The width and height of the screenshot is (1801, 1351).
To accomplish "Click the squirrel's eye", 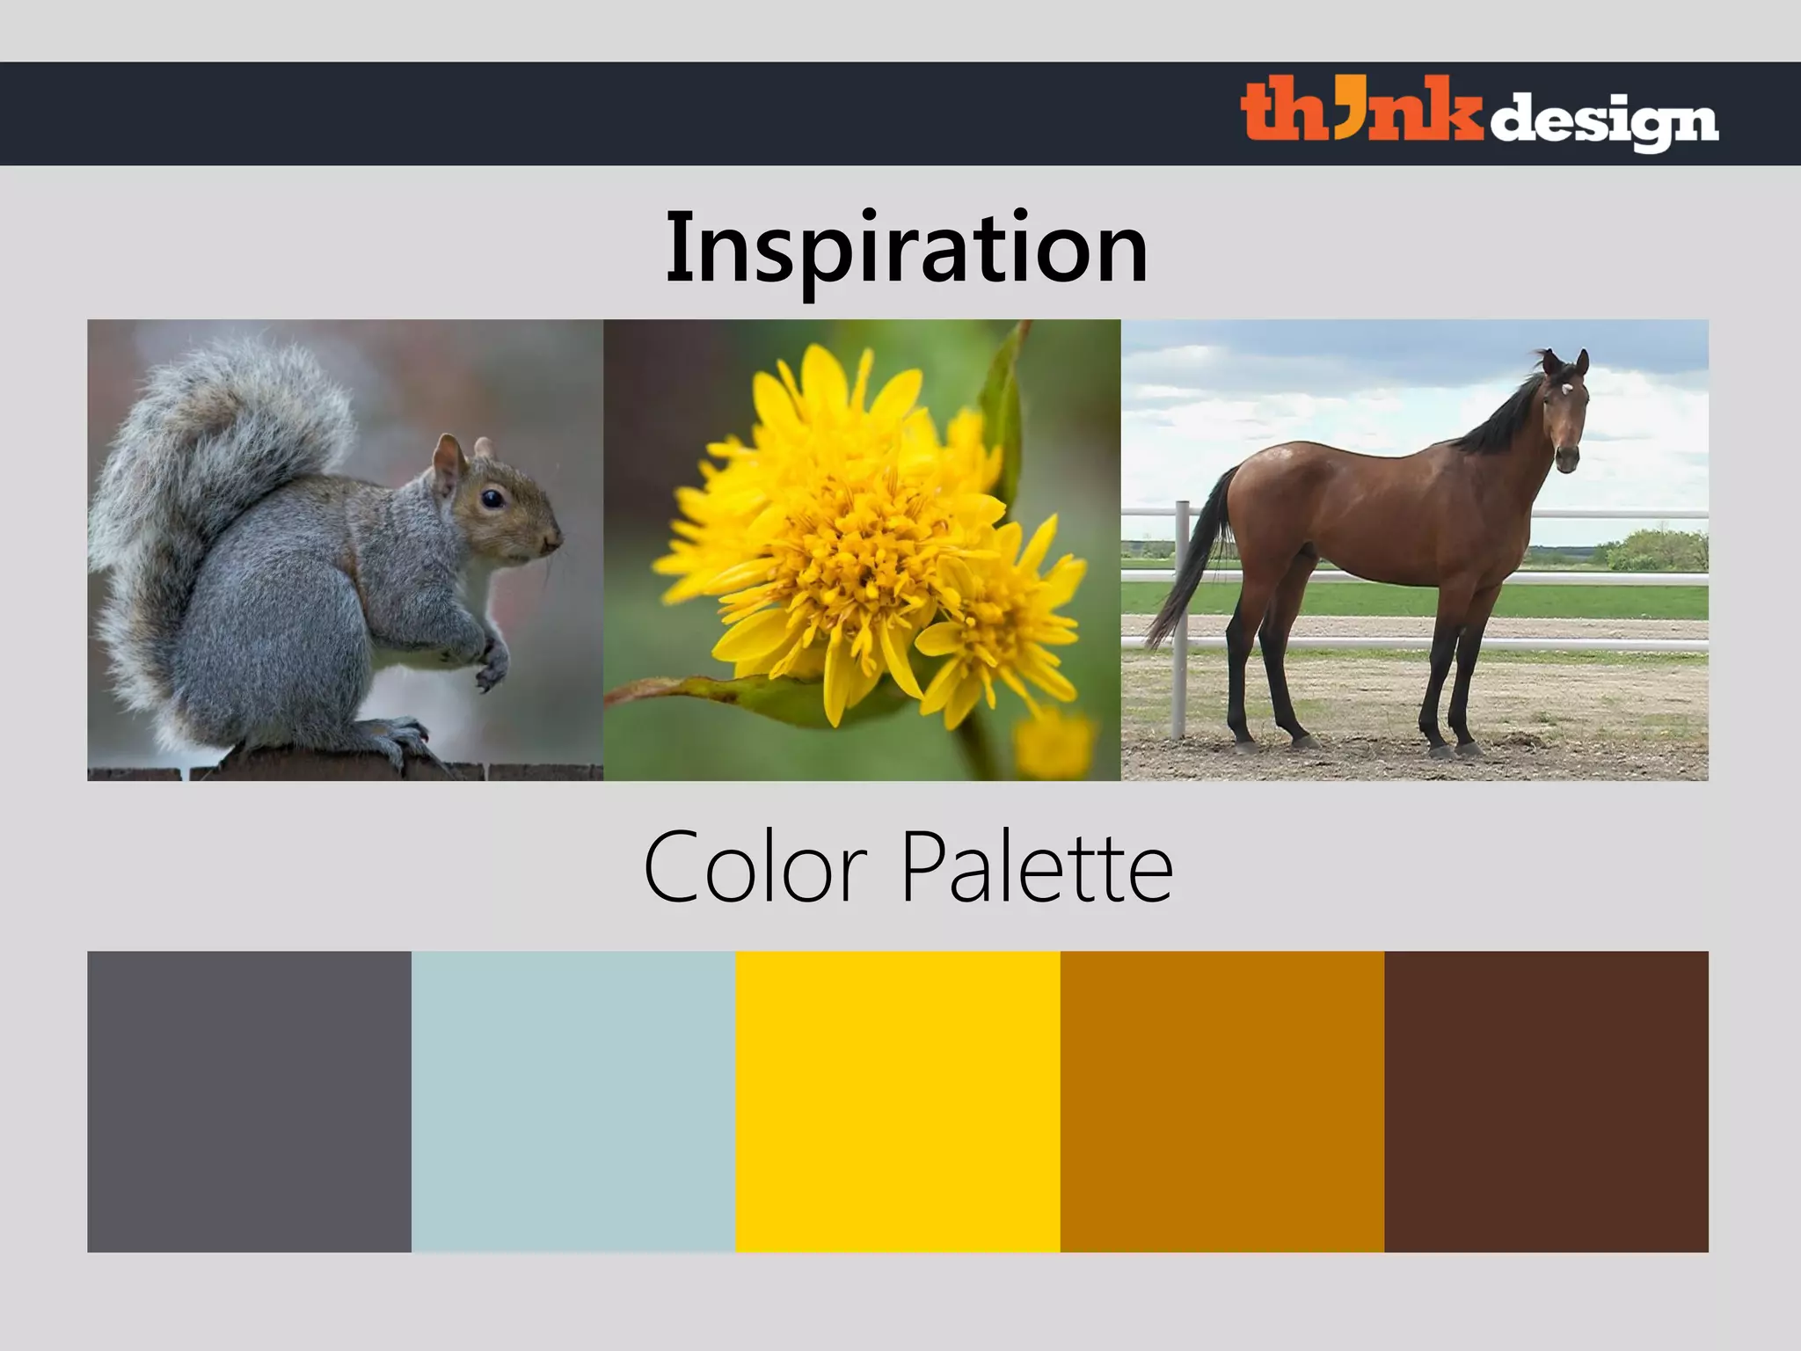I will click(x=492, y=499).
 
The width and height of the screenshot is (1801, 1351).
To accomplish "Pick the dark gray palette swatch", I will click(x=249, y=1101).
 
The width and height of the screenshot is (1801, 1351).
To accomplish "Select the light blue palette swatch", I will click(x=573, y=1101).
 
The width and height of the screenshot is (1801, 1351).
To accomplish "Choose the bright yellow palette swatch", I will click(x=898, y=1101).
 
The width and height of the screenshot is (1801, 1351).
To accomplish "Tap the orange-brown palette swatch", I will click(x=1222, y=1101).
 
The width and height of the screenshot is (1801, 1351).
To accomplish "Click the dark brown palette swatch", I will click(x=1546, y=1101).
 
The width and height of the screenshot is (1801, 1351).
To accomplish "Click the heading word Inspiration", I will click(x=907, y=248).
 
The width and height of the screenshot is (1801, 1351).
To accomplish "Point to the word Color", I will click(x=755, y=867).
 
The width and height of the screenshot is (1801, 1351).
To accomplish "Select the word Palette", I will click(x=1038, y=867).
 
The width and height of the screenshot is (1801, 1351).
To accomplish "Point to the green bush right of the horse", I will click(x=1653, y=550).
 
